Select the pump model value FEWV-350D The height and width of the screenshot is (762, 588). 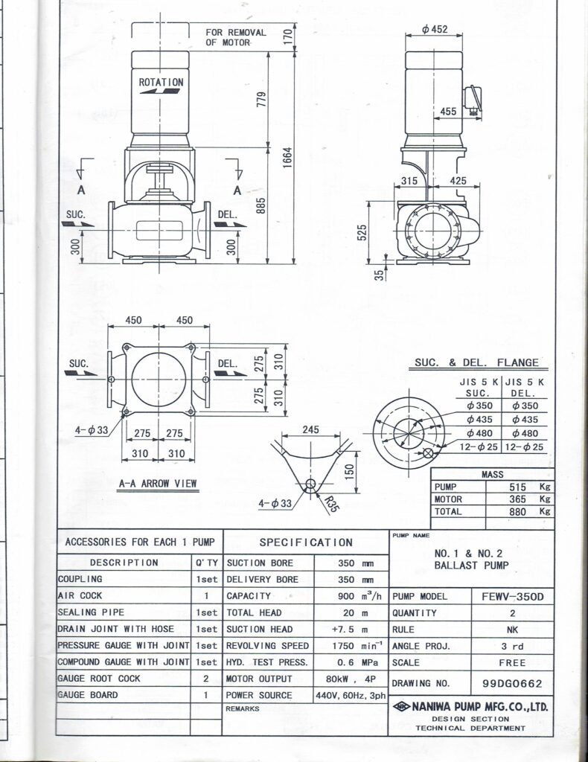pyautogui.click(x=513, y=597)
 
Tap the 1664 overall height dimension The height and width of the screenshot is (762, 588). pyautogui.click(x=287, y=158)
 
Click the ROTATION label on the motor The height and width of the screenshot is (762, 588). pyautogui.click(x=161, y=83)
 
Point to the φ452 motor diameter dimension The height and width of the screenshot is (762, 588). pyautogui.click(x=434, y=30)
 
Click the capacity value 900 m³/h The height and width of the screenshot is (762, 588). pyautogui.click(x=349, y=597)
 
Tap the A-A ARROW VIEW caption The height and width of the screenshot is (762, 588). pyautogui.click(x=158, y=484)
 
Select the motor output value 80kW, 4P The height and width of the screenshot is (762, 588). pyautogui.click(x=349, y=679)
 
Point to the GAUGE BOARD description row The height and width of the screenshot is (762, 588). pyautogui.click(x=88, y=695)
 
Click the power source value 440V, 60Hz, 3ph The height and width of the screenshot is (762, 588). pyautogui.click(x=349, y=695)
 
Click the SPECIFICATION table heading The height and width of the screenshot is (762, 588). pyautogui.click(x=305, y=542)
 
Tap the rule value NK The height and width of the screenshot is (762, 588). pyautogui.click(x=513, y=630)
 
